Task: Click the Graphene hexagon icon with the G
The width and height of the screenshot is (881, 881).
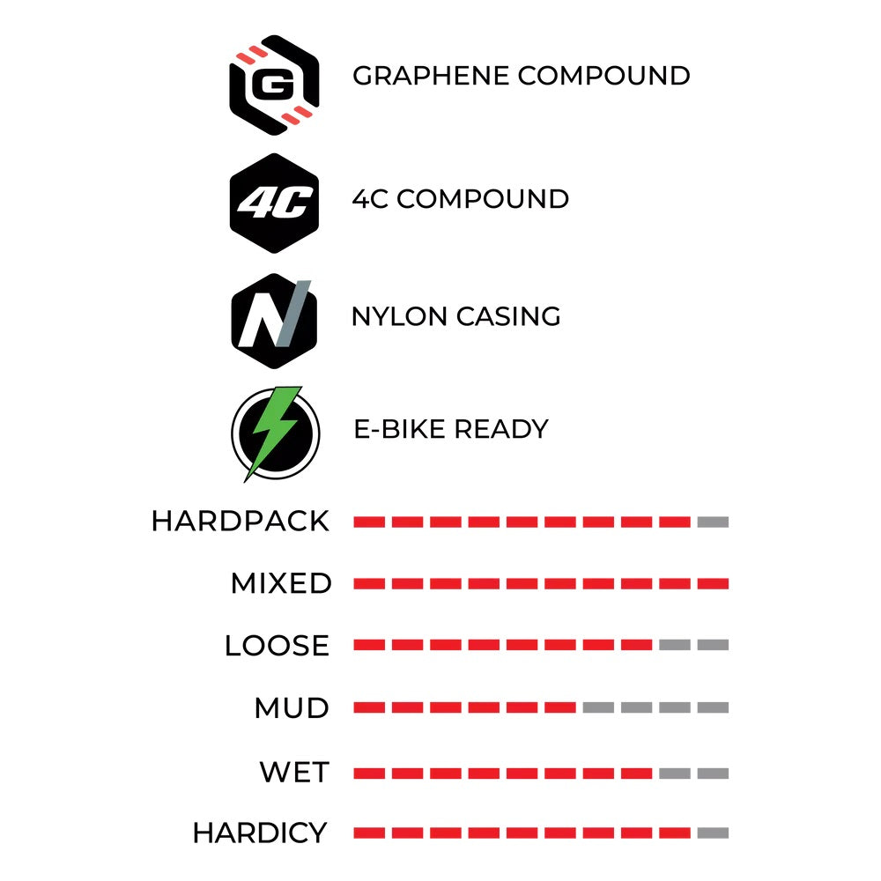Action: pyautogui.click(x=274, y=85)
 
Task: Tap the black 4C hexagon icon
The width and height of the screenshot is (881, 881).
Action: pyautogui.click(x=274, y=203)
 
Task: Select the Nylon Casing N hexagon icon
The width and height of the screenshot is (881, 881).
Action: pyautogui.click(x=274, y=321)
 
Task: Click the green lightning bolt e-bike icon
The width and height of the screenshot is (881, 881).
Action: pyautogui.click(x=275, y=433)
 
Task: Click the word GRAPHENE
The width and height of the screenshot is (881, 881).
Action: pyautogui.click(x=431, y=76)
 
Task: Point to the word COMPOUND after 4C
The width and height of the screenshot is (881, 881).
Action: pyautogui.click(x=483, y=199)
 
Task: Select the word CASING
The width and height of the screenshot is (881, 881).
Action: pyautogui.click(x=508, y=316)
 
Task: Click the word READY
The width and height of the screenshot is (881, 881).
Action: pyautogui.click(x=501, y=429)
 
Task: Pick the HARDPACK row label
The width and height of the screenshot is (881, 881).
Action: pyautogui.click(x=241, y=522)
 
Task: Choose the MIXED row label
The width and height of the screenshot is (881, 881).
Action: pyautogui.click(x=281, y=583)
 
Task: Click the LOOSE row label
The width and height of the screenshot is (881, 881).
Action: pyautogui.click(x=277, y=645)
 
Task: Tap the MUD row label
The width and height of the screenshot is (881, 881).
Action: pyautogui.click(x=292, y=708)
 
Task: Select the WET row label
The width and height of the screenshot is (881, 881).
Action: pyautogui.click(x=294, y=772)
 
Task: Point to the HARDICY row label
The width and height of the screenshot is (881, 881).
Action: pyautogui.click(x=260, y=833)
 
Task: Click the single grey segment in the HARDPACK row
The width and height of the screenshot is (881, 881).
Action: pyautogui.click(x=713, y=522)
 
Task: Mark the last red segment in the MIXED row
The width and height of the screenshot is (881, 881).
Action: pyautogui.click(x=713, y=584)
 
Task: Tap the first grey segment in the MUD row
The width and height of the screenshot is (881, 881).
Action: pyautogui.click(x=598, y=707)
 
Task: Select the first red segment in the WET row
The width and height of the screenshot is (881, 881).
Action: pyautogui.click(x=369, y=774)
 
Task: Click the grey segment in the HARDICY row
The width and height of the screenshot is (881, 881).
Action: pyautogui.click(x=713, y=833)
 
